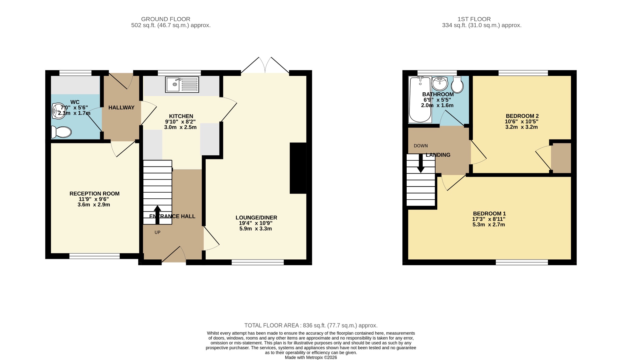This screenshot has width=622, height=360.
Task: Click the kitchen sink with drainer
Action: coord(182,84)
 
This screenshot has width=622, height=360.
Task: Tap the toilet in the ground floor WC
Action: coord(62,132)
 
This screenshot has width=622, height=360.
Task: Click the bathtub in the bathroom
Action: coord(420,100)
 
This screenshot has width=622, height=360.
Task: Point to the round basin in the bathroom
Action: coord(439,84)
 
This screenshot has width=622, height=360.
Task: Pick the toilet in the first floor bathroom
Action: coord(457,84)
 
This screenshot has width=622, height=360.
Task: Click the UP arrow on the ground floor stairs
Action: coord(157,214)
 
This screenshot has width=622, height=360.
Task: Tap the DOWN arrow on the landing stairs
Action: coord(421,163)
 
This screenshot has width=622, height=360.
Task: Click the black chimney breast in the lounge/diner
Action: coord(298,168)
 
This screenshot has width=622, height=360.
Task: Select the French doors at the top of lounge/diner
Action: coord(265,65)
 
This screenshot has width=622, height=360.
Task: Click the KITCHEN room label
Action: coord(181,116)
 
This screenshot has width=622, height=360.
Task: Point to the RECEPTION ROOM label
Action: coord(94,194)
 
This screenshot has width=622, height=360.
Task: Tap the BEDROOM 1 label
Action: coord(489,214)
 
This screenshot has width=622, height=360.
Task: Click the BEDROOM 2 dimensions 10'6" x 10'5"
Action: coord(521,122)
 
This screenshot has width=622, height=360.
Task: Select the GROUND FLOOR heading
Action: coord(166,19)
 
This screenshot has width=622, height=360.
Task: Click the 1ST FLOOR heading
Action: coord(474,19)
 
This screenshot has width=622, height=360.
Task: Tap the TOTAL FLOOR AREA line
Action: coord(311,325)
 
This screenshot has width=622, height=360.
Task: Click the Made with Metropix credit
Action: coord(311,358)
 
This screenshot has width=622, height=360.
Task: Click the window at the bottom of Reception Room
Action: coord(94,256)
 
